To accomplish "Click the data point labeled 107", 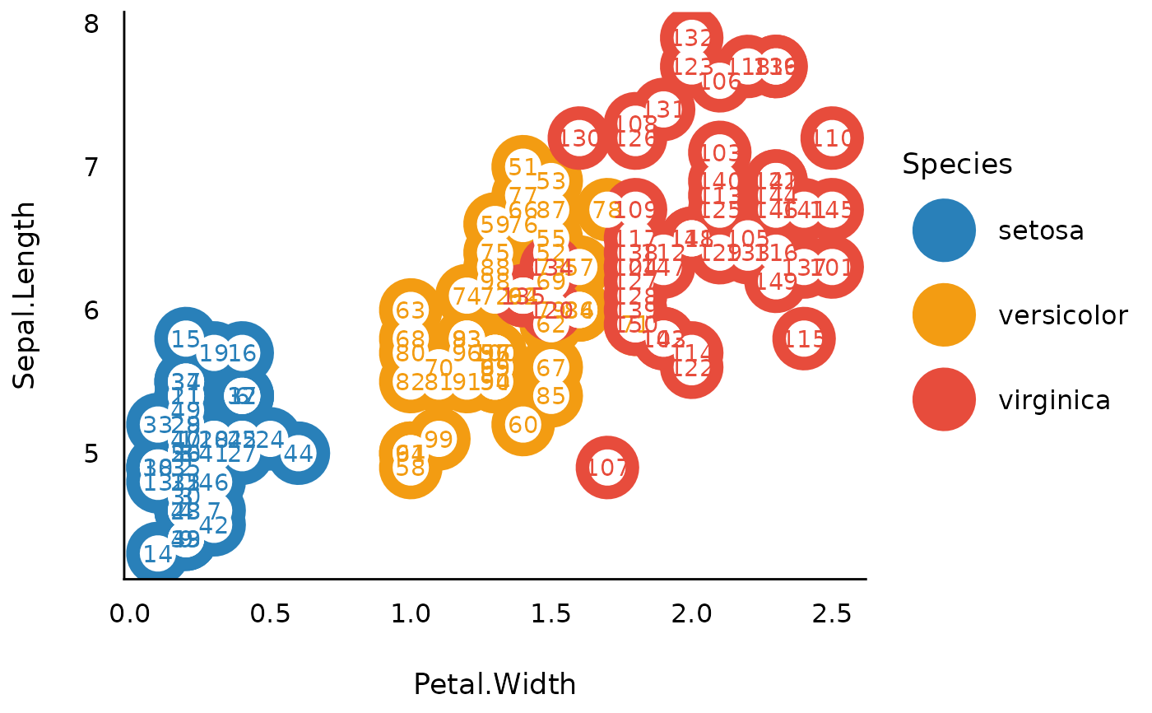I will (x=607, y=468).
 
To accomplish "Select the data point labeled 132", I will (x=692, y=38).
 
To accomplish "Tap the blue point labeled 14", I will (x=157, y=553).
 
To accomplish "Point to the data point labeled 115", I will (x=804, y=338).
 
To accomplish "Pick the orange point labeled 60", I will (x=523, y=425).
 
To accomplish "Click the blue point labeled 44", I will (x=298, y=453).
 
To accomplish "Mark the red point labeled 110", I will (x=832, y=137).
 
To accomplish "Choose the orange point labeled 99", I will (x=439, y=439).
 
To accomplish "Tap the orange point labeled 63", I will (x=410, y=310).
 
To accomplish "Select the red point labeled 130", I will (x=579, y=138).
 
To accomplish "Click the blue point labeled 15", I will (x=186, y=338).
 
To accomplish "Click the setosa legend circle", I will (x=944, y=231).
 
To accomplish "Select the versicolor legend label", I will (x=1062, y=315).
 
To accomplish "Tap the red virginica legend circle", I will (x=944, y=400).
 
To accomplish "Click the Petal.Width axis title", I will (x=495, y=684).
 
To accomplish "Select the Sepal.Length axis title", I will (x=25, y=295).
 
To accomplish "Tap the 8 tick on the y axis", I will (x=91, y=25).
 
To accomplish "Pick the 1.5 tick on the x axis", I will (x=550, y=615).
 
